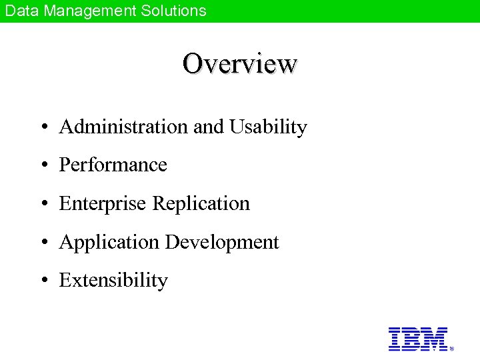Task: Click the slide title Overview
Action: tap(240, 64)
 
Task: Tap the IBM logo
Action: tap(418, 339)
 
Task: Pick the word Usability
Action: tap(268, 127)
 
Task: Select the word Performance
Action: tap(113, 165)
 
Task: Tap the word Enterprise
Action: tap(103, 203)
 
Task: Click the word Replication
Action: tap(201, 203)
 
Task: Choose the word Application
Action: tap(109, 243)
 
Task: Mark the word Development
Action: tap(222, 243)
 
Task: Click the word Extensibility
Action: tap(113, 281)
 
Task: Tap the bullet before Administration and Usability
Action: tap(43, 127)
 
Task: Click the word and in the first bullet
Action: tap(209, 127)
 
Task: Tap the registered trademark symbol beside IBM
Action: tap(452, 349)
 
